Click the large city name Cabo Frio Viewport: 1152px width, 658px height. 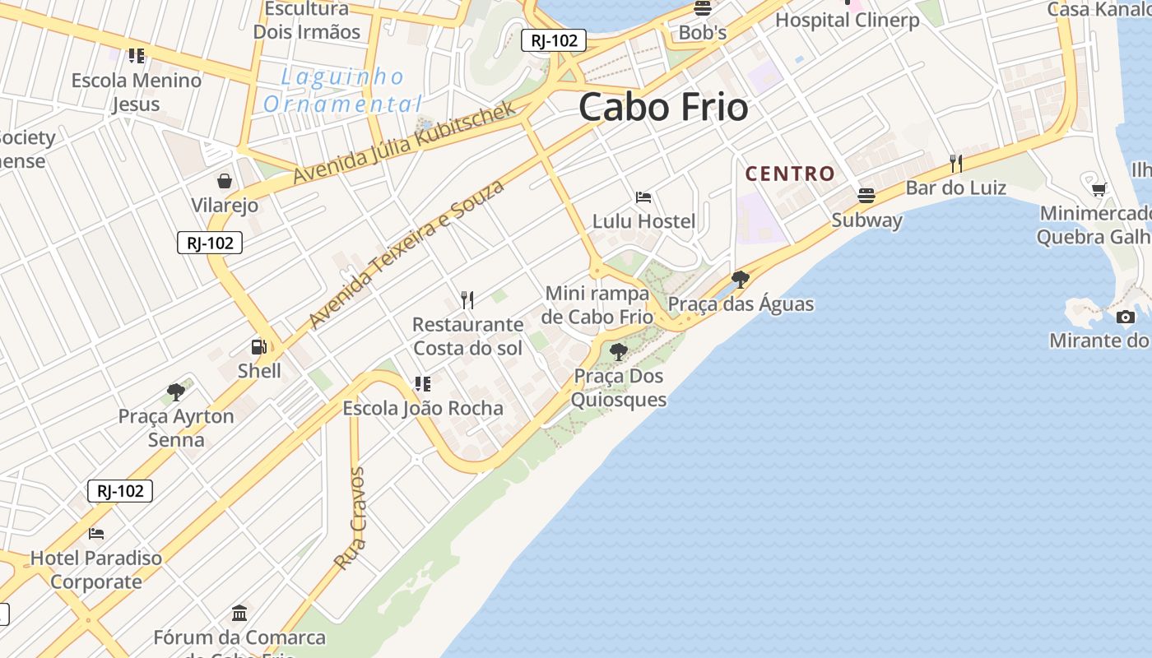[x=663, y=108]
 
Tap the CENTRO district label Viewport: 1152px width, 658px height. [x=790, y=174]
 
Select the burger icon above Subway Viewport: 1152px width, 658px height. [x=866, y=195]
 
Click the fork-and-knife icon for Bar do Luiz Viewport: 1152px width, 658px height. [x=955, y=163]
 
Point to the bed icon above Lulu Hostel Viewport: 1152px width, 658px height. [x=643, y=197]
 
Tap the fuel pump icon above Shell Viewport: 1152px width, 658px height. [x=259, y=347]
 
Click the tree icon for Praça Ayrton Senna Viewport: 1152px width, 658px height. [x=175, y=392]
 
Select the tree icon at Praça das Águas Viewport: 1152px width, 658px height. [x=740, y=280]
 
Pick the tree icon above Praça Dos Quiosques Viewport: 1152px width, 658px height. [x=619, y=352]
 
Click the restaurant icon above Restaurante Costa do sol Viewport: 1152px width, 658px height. [x=467, y=299]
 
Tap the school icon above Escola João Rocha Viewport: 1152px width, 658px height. [x=422, y=384]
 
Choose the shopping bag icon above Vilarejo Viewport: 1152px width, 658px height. [x=225, y=181]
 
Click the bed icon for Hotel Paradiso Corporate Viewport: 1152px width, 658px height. [x=96, y=533]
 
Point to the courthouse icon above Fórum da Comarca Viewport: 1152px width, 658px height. [x=239, y=613]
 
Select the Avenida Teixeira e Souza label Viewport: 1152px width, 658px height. [x=406, y=254]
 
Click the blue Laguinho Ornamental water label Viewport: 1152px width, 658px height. [x=342, y=90]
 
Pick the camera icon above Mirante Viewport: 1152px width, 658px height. [x=1125, y=317]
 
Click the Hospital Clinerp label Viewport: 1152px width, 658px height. [x=847, y=20]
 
